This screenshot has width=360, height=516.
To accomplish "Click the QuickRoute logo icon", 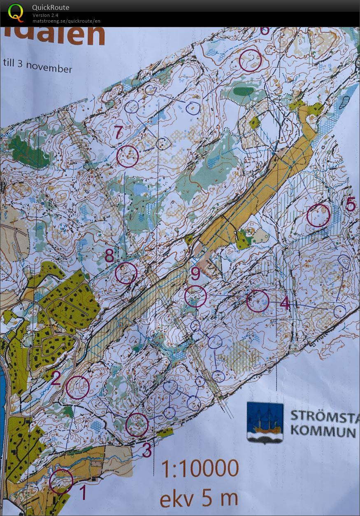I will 16,12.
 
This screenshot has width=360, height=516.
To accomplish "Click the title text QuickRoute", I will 51,7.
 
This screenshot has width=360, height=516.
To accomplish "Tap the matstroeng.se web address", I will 66,21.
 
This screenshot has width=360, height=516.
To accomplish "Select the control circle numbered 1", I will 61,481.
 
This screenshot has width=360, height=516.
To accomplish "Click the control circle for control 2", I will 77,388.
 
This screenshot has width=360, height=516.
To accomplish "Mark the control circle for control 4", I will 258,301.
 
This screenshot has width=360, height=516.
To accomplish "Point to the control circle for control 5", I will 318,216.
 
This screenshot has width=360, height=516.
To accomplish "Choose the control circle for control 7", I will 128,156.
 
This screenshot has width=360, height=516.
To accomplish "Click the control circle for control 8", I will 126,273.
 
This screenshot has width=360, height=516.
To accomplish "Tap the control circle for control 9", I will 195,297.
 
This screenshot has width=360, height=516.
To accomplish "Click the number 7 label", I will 118,133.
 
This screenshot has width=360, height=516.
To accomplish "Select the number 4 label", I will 285,304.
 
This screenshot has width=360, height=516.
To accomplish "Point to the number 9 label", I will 195,273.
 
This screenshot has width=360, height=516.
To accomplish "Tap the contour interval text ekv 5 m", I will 199,498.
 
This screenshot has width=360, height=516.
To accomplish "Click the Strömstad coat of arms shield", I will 265,422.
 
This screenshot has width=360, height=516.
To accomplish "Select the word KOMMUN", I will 323,432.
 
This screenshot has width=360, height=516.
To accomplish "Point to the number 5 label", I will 350,204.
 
